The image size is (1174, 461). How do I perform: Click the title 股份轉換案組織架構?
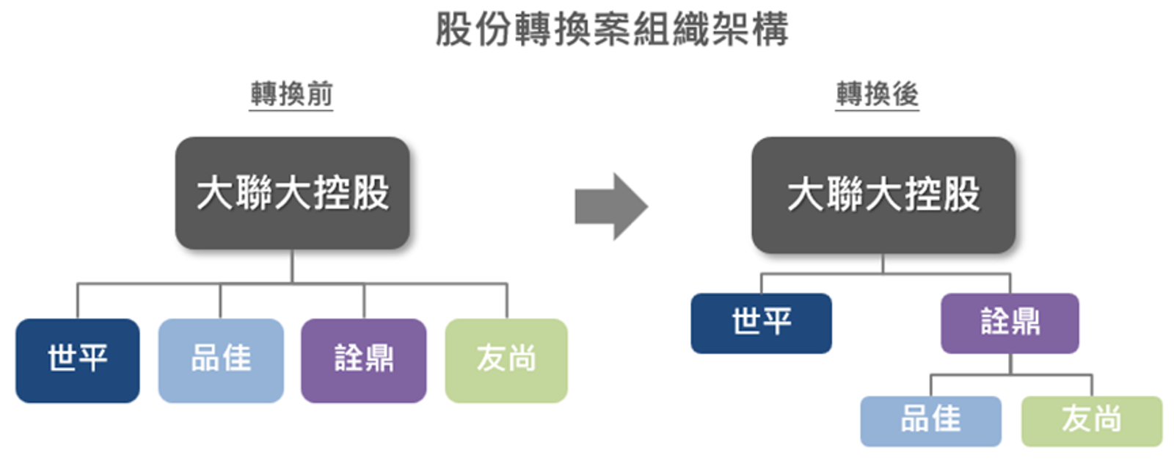pyautogui.click(x=611, y=29)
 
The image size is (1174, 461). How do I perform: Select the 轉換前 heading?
pyautogui.click(x=291, y=94)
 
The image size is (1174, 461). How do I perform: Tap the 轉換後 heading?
pyautogui.click(x=877, y=94)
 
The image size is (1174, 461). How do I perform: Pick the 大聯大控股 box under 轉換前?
pyautogui.click(x=292, y=193)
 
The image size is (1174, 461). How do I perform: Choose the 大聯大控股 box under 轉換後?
pyautogui.click(x=883, y=195)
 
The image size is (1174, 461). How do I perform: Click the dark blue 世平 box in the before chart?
pyautogui.click(x=78, y=360)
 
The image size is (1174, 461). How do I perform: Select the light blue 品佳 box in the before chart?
pyautogui.click(x=221, y=360)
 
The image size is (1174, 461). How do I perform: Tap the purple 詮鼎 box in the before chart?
pyautogui.click(x=364, y=360)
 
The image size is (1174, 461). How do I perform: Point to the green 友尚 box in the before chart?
pyautogui.click(x=506, y=360)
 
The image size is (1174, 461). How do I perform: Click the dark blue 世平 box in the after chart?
pyautogui.click(x=761, y=323)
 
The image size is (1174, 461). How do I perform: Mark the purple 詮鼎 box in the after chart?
pyautogui.click(x=1010, y=323)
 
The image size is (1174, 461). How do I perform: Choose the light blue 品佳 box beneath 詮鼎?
pyautogui.click(x=930, y=421)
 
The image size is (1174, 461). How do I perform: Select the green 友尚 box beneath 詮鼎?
pyautogui.click(x=1091, y=421)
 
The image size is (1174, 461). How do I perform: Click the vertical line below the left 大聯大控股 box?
pyautogui.click(x=292, y=266)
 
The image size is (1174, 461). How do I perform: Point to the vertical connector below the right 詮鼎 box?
pyautogui.click(x=1010, y=364)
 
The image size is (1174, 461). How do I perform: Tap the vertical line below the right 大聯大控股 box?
pyautogui.click(x=883, y=264)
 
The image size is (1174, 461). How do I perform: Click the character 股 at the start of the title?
pyautogui.click(x=453, y=29)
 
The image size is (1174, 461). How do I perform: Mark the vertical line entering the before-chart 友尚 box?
pyautogui.click(x=506, y=301)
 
